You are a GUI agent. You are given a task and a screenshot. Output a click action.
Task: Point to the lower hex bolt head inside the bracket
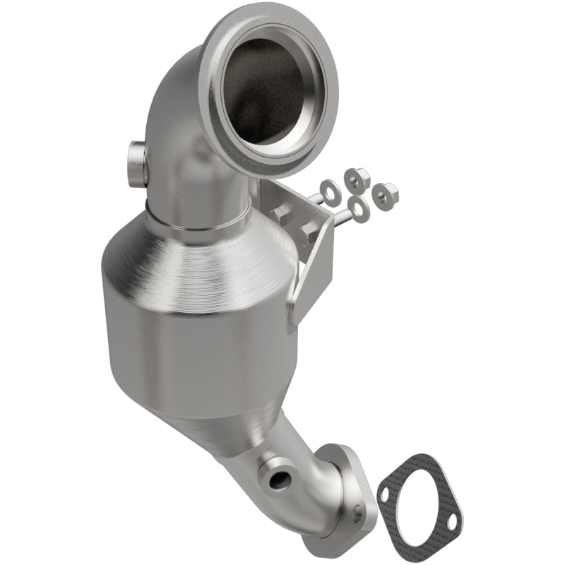[309, 232]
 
